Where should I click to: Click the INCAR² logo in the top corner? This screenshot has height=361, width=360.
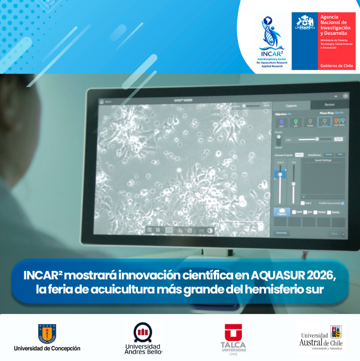[272, 42]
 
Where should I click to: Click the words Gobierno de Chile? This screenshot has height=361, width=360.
[337, 66]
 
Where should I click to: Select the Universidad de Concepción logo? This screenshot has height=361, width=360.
[47, 338]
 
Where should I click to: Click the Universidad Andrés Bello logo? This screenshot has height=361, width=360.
[143, 338]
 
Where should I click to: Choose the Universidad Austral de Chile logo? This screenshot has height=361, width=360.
[321, 338]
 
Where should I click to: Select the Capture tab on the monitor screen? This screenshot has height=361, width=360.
[291, 105]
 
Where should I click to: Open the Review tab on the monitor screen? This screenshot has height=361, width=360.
[329, 105]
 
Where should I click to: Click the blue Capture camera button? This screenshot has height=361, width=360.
[282, 212]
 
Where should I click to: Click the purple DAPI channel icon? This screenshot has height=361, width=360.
[281, 122]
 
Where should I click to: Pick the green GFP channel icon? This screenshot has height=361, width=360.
[295, 122]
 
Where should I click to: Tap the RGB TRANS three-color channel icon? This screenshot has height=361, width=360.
[339, 122]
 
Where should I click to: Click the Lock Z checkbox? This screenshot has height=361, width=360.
[303, 203]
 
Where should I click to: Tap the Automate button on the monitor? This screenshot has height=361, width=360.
[281, 233]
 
